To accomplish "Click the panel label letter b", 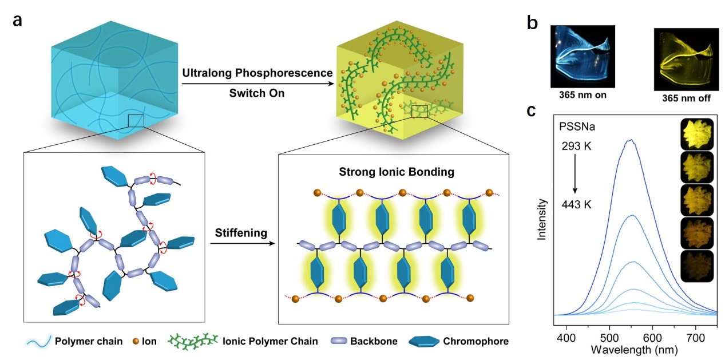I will coord(532,23).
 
